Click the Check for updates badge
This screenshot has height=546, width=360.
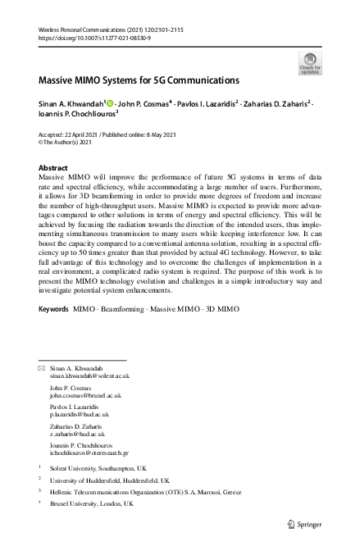point(311,62)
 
